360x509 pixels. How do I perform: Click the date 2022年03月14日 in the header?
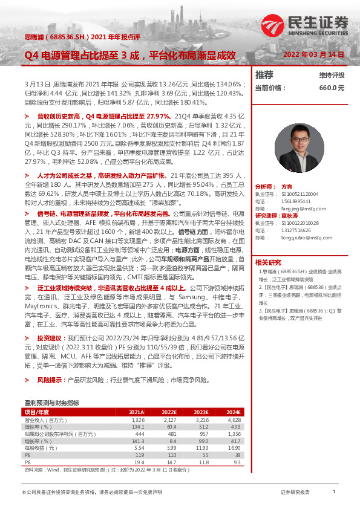coord(313,54)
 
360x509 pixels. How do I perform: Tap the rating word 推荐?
coord(264,75)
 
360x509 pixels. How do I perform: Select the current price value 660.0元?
coord(332,88)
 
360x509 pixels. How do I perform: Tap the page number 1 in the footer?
coord(334,492)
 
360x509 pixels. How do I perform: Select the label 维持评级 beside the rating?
coord(332,76)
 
